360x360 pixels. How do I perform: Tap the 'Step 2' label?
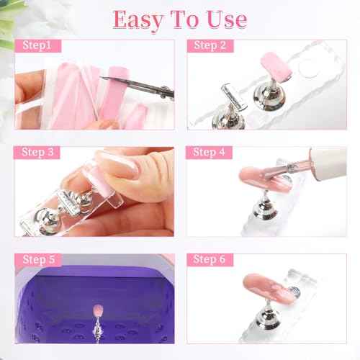[x=210, y=47]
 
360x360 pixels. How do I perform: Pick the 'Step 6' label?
[x=210, y=259]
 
